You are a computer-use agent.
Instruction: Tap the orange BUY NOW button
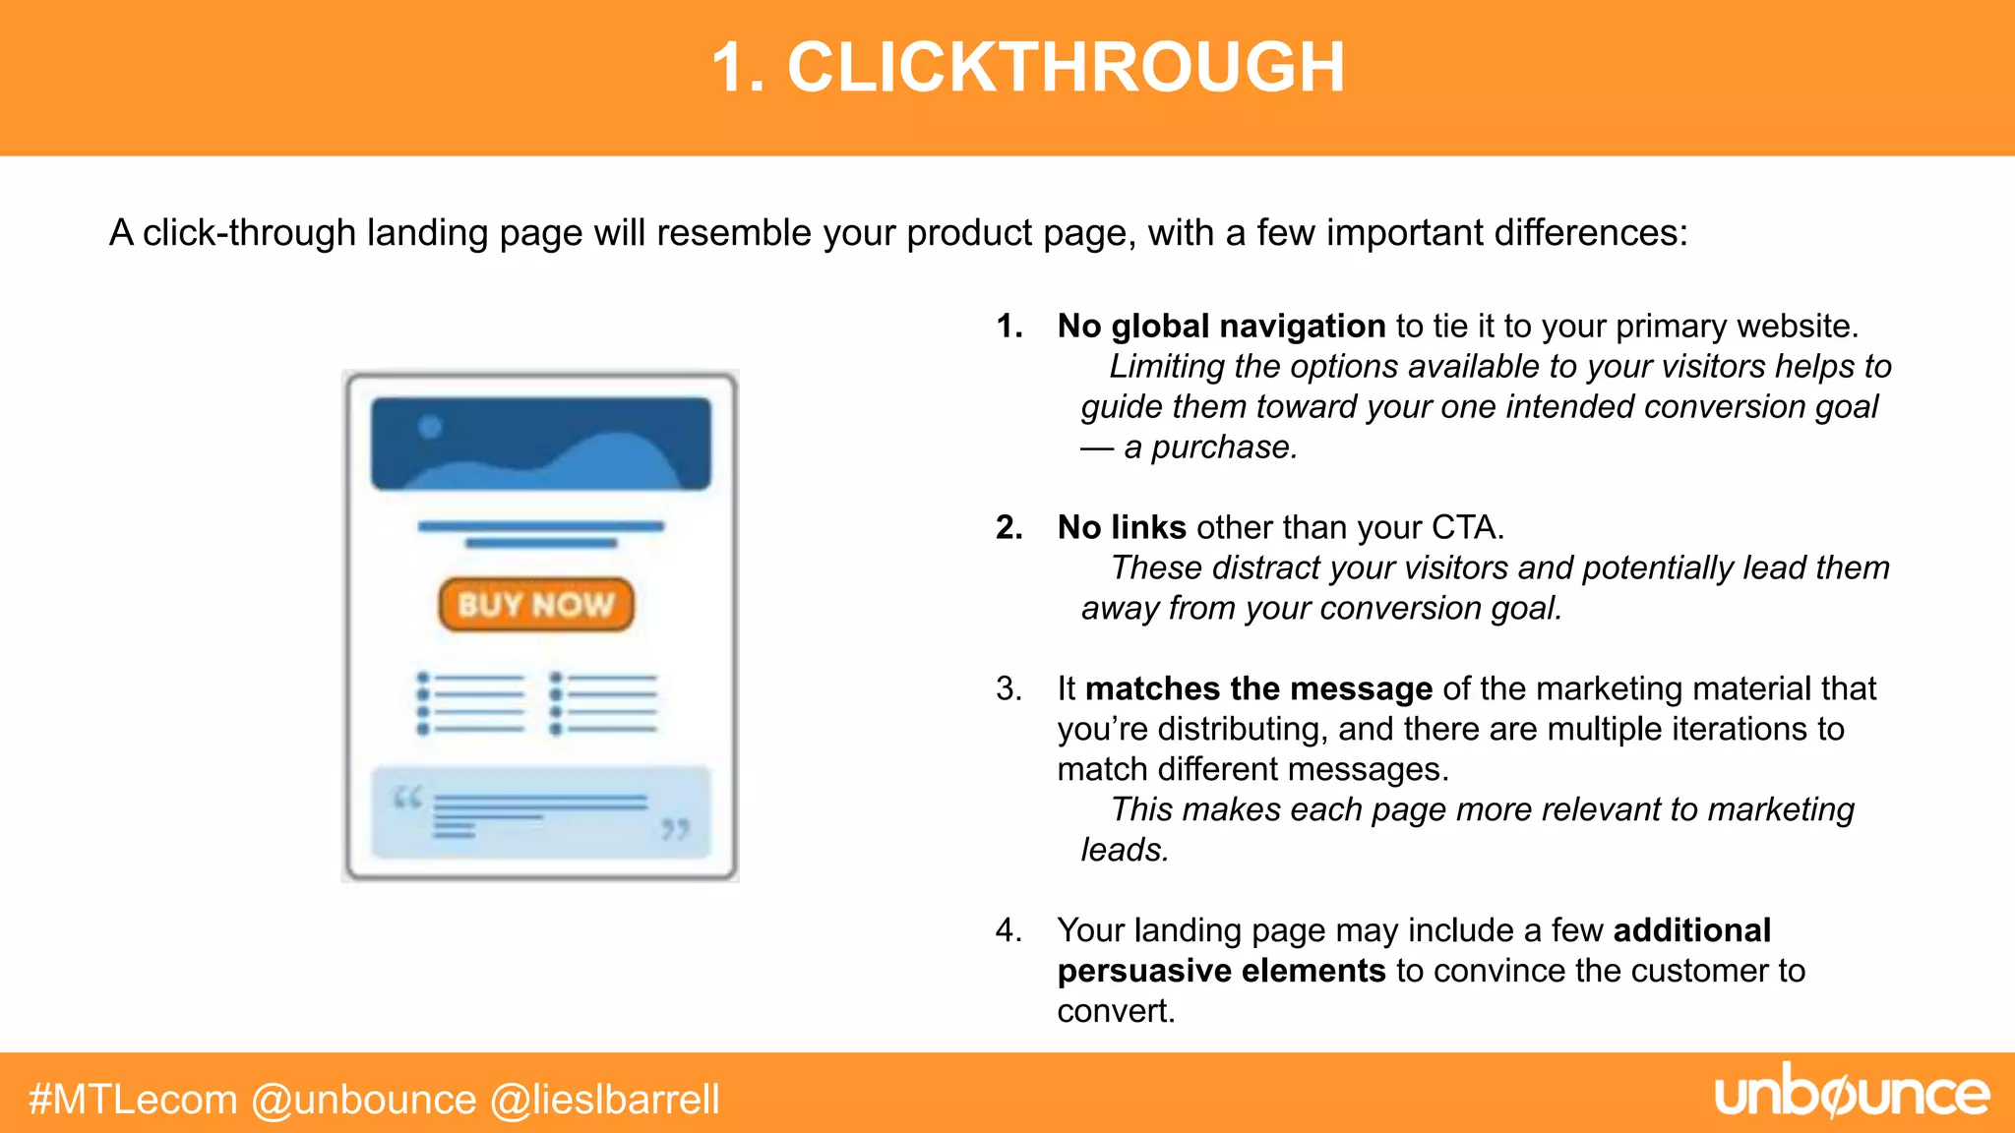click(x=536, y=604)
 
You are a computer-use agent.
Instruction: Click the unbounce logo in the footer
click(x=1852, y=1094)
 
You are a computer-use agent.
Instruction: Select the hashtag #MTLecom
click(x=133, y=1100)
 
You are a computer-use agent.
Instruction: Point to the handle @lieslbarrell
click(x=605, y=1100)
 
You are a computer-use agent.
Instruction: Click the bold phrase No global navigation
click(x=1221, y=326)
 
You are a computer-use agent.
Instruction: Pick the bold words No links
click(x=1122, y=527)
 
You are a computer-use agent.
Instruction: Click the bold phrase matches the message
click(x=1258, y=688)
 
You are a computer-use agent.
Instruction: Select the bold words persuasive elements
click(x=1221, y=971)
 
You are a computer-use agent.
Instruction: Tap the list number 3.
click(x=1007, y=688)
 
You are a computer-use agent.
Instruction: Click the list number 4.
click(x=1007, y=930)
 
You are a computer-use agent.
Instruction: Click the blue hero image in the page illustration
click(x=540, y=445)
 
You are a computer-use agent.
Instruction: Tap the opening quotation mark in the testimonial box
click(x=407, y=797)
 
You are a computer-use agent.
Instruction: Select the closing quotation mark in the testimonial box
click(x=675, y=829)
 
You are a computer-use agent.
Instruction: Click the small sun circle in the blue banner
click(x=430, y=427)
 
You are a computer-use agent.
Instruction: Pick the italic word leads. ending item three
click(x=1125, y=850)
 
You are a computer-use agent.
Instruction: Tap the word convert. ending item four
click(x=1116, y=1011)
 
